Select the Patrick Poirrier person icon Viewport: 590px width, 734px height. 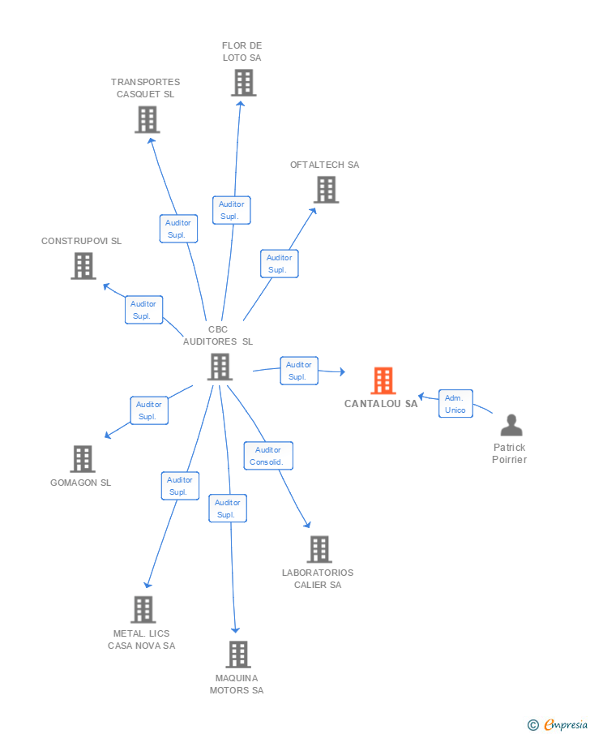[x=511, y=425]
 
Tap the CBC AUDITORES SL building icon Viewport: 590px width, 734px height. [x=220, y=367]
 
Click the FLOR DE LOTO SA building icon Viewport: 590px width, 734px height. [x=243, y=83]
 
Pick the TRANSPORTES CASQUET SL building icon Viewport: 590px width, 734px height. [x=147, y=120]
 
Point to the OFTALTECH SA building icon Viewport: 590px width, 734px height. [x=326, y=190]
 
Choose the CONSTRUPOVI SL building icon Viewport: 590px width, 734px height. [x=83, y=266]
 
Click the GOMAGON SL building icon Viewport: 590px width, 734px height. [x=82, y=459]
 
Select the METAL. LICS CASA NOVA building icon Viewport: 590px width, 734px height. [x=143, y=609]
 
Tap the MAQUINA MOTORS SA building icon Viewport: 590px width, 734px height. [x=237, y=655]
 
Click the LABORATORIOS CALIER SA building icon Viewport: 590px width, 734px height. [x=319, y=549]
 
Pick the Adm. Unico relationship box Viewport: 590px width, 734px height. [x=455, y=404]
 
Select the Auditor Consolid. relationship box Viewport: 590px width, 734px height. [x=268, y=456]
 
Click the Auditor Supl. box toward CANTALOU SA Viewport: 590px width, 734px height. [x=299, y=371]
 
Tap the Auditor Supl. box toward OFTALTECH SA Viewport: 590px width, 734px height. [x=279, y=264]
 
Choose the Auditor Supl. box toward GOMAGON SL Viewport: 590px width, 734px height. [x=149, y=410]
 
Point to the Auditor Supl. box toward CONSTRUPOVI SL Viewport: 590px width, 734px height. [x=143, y=310]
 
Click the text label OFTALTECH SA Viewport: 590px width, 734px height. [x=324, y=165]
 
